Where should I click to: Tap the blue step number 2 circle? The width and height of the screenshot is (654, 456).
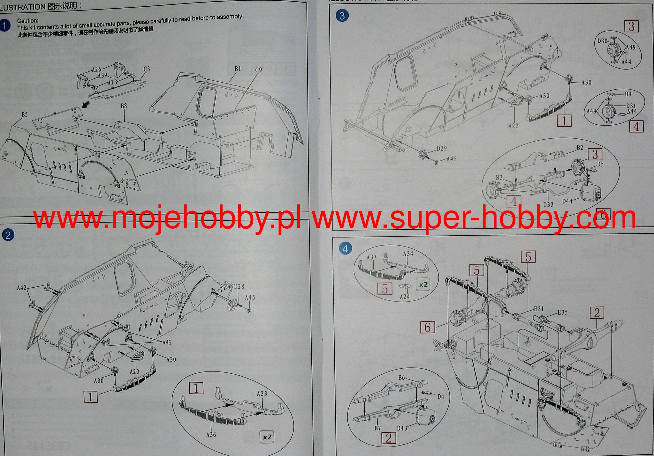[x=8, y=235]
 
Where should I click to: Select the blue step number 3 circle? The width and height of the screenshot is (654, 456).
[x=342, y=16]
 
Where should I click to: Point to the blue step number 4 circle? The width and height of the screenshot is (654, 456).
[x=345, y=248]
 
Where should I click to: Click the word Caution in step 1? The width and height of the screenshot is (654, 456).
[x=27, y=21]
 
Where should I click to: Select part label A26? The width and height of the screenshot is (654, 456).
[x=96, y=69]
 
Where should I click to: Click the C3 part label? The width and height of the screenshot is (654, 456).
[x=147, y=69]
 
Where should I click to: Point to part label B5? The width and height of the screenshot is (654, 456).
[x=25, y=114]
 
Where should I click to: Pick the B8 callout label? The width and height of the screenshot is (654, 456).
[x=124, y=106]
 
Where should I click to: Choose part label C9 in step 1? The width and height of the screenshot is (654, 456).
[x=258, y=70]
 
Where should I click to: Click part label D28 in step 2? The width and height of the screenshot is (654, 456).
[x=239, y=286]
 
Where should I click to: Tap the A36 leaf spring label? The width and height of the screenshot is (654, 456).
[x=211, y=434]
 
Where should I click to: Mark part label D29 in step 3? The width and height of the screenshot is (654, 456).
[x=442, y=148]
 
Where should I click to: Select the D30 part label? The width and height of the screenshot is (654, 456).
[x=602, y=41]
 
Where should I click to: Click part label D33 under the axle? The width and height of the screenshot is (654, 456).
[x=548, y=204]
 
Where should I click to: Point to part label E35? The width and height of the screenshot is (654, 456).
[x=562, y=312]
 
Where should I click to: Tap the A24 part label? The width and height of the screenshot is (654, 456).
[x=405, y=297]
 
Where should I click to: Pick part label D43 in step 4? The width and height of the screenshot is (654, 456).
[x=402, y=428]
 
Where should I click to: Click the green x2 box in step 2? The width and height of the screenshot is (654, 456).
[x=267, y=437]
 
